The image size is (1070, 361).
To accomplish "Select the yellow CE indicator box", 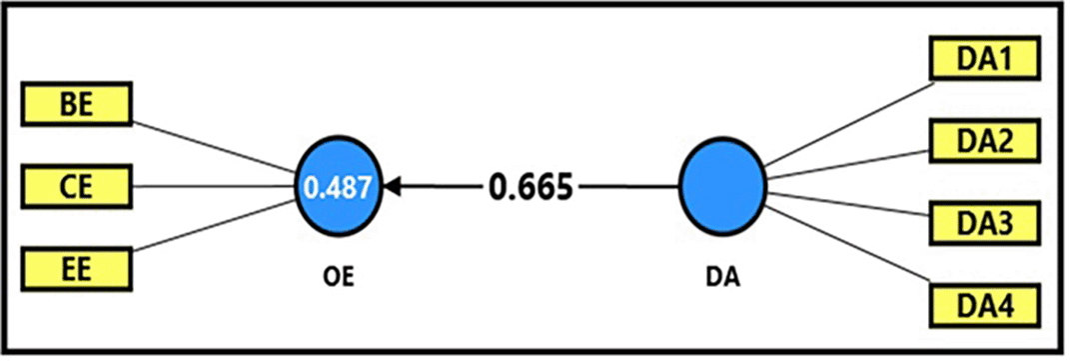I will (76, 186).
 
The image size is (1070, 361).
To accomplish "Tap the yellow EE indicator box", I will (76, 267).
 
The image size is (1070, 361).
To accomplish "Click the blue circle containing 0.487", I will (341, 186).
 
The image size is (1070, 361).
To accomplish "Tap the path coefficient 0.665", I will (532, 187).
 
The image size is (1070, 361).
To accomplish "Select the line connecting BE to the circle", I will (215, 146).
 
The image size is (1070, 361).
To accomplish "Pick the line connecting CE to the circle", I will (215, 186).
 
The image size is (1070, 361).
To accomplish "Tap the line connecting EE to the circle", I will (215, 227).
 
